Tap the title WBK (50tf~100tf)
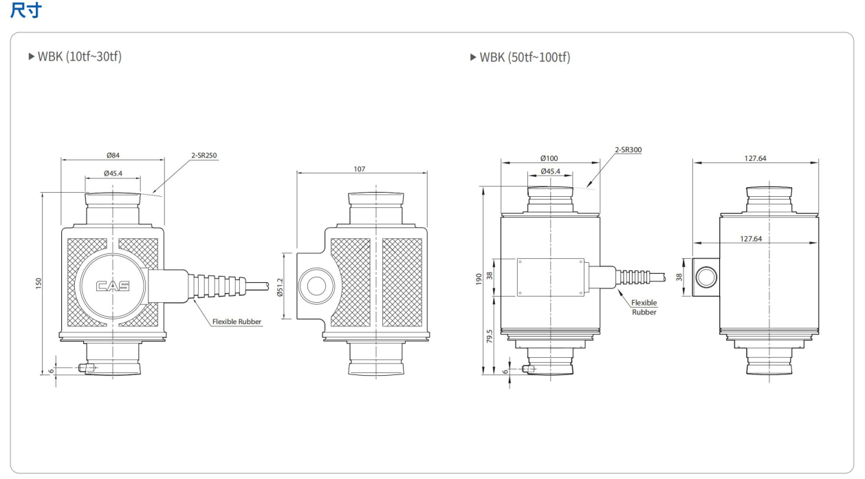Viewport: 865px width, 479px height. (x=520, y=57)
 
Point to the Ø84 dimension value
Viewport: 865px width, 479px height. (x=113, y=156)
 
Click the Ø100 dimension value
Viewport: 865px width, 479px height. (x=549, y=158)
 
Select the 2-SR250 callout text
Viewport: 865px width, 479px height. (x=204, y=156)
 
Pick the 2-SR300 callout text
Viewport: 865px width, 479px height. (x=628, y=149)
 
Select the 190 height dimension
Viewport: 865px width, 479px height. (x=479, y=279)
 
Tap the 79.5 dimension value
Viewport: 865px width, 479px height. (x=490, y=337)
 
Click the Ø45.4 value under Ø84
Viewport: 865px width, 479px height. (x=113, y=173)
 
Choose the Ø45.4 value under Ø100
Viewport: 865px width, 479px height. (x=549, y=171)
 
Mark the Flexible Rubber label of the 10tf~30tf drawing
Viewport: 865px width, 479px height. (x=237, y=321)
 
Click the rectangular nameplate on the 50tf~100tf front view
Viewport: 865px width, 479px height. (x=550, y=277)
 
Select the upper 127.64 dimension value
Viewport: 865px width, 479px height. (x=755, y=158)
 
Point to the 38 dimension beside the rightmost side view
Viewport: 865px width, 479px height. (x=679, y=277)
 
